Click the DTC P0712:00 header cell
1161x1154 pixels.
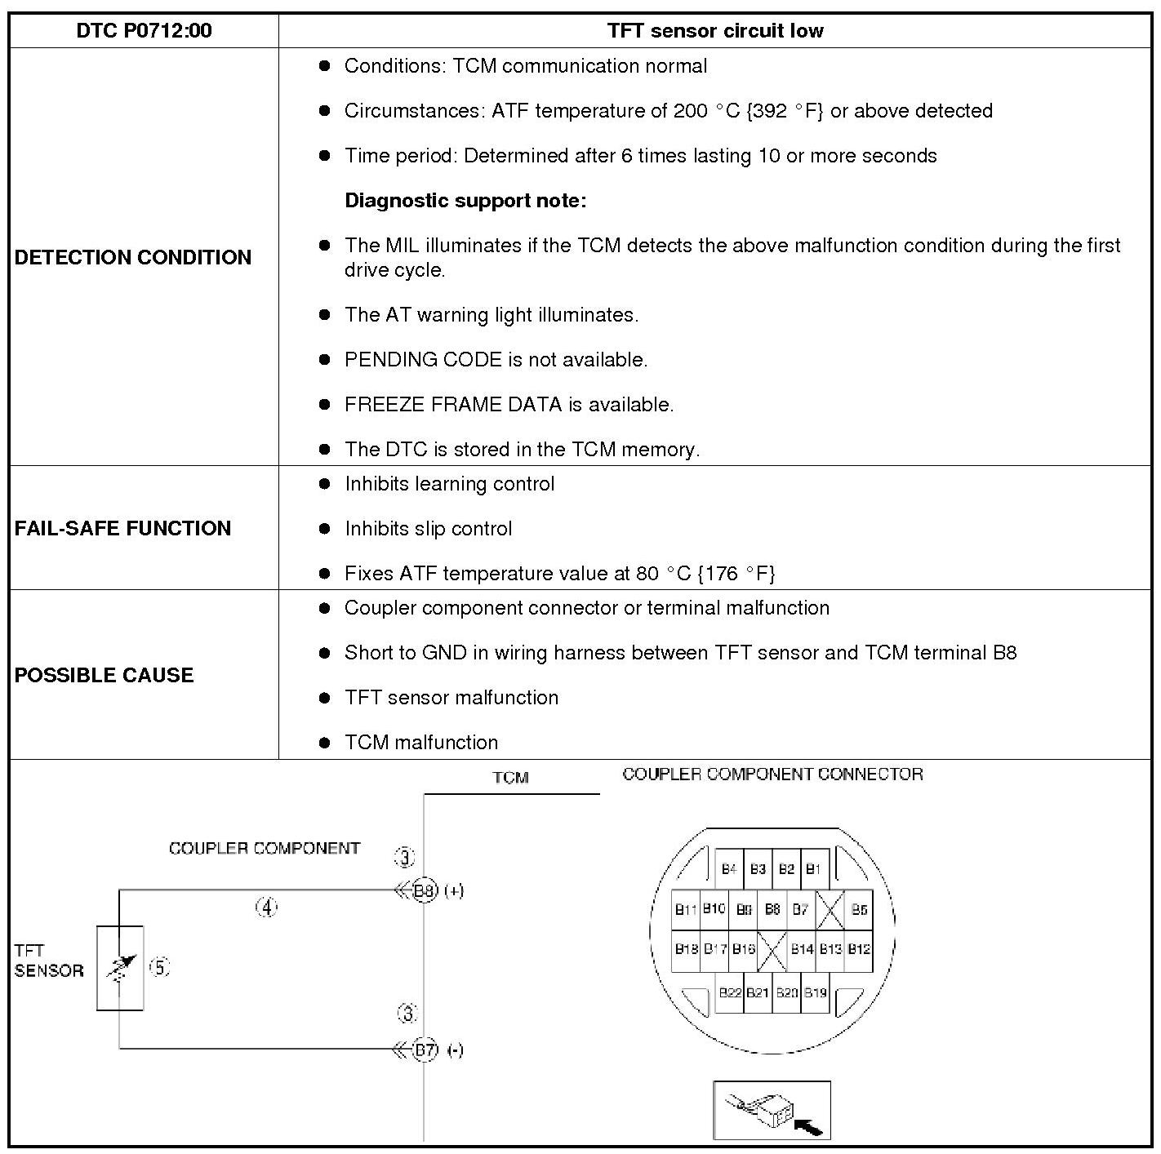click(144, 31)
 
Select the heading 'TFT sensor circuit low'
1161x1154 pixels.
click(715, 31)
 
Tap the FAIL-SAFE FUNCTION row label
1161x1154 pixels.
click(122, 528)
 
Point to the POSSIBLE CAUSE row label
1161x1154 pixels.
click(104, 675)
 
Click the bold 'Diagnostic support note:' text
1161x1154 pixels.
click(465, 201)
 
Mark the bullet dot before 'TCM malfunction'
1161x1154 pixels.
click(325, 743)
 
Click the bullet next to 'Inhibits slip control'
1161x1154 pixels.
click(325, 529)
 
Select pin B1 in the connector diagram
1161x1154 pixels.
click(813, 869)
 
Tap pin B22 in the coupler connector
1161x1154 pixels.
click(730, 992)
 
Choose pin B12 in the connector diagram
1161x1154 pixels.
click(859, 949)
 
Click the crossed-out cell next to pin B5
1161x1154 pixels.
click(830, 909)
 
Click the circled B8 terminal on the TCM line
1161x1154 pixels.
click(425, 890)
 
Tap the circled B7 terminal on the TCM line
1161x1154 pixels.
click(425, 1050)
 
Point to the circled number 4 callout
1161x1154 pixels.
click(267, 907)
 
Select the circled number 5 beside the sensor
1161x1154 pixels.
click(160, 967)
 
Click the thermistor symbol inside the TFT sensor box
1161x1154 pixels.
click(119, 968)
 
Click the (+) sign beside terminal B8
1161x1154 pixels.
click(454, 890)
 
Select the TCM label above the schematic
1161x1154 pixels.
click(511, 778)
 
